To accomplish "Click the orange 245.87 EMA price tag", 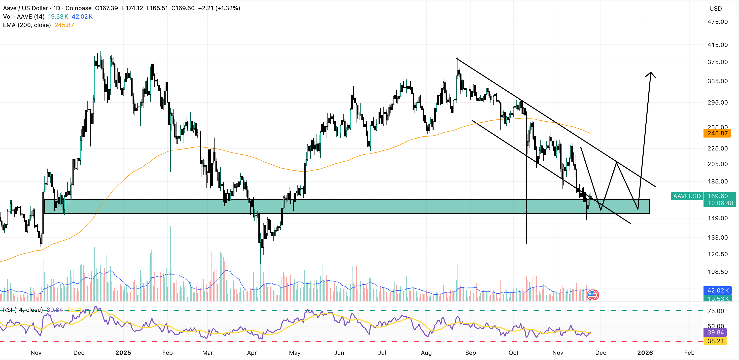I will [x=717, y=133].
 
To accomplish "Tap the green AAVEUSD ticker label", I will [x=687, y=196].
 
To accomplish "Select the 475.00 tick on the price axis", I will [x=717, y=22].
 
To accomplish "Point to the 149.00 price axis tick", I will [x=717, y=218].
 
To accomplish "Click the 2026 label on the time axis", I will [x=645, y=353].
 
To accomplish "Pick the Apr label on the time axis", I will [x=252, y=353].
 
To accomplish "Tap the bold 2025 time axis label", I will [x=123, y=353].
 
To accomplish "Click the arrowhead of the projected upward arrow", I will [x=650, y=73].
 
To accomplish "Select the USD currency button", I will [x=715, y=9].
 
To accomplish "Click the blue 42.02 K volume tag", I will [x=717, y=290].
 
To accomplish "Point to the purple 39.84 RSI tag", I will [x=715, y=332].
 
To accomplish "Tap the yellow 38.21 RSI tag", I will [x=715, y=341].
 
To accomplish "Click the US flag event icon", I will [x=592, y=295].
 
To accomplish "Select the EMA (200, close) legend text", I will [x=27, y=25].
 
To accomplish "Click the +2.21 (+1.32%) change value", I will [x=219, y=8].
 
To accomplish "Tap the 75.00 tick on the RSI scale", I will [x=716, y=311].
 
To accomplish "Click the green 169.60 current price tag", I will [x=718, y=196].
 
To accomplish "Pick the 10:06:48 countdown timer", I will [x=720, y=203].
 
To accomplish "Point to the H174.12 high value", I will [x=132, y=8].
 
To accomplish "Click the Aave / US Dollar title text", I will [x=25, y=8].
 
